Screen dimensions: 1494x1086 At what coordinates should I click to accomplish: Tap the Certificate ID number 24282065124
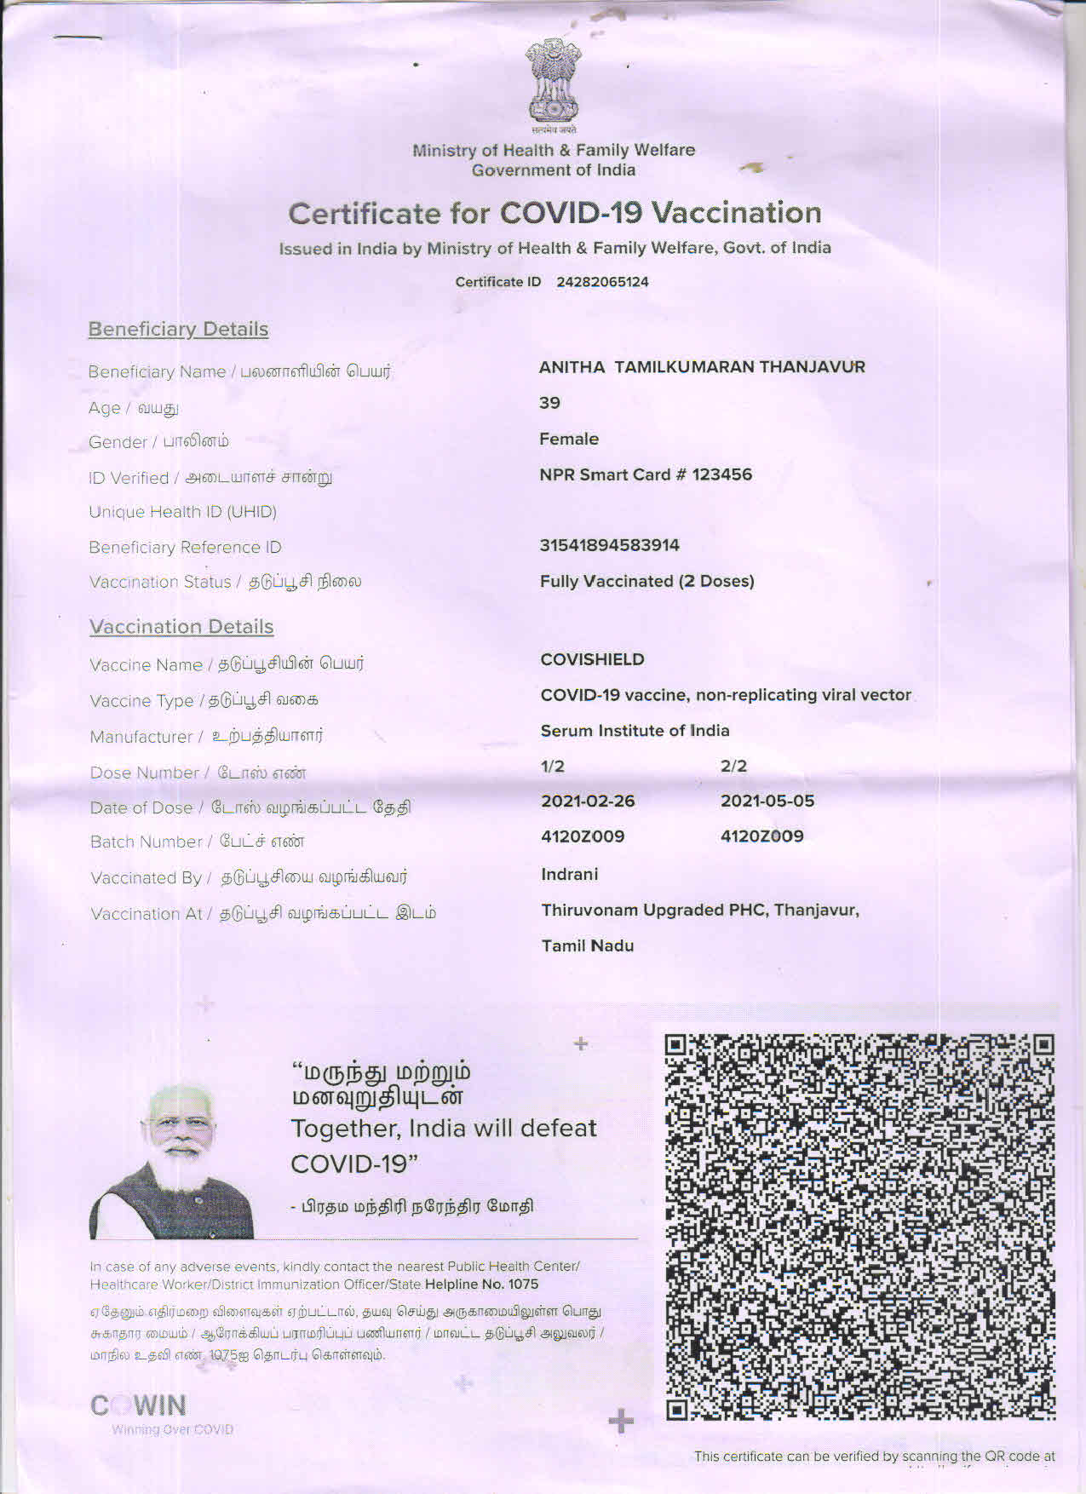[602, 282]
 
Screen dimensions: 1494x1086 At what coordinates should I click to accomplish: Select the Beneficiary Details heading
[178, 330]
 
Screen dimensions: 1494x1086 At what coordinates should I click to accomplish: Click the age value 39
[549, 403]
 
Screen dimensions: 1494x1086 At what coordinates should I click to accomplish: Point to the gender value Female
[569, 439]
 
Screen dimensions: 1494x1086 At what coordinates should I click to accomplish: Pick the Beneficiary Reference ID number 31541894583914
[610, 545]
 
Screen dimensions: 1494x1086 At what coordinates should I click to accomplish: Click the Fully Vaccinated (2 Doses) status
[647, 581]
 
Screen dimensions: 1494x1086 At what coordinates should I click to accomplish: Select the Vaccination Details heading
[181, 627]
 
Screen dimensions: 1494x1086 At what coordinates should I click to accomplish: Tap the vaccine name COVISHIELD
[592, 659]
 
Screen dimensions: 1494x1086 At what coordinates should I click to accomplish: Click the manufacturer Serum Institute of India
[635, 731]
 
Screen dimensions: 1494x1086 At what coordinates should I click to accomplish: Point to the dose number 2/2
[733, 766]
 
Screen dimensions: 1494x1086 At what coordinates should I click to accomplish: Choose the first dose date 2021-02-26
[588, 801]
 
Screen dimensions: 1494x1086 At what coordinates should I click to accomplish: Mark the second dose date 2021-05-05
[767, 801]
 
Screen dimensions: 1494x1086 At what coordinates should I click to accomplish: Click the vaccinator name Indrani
[569, 874]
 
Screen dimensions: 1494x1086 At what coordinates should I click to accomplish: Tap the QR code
[859, 1227]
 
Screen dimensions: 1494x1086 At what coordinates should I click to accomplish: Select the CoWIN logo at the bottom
[139, 1405]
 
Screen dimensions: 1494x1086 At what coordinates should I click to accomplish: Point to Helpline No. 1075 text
[481, 1284]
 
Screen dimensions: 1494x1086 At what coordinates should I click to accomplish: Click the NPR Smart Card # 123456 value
[646, 474]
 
